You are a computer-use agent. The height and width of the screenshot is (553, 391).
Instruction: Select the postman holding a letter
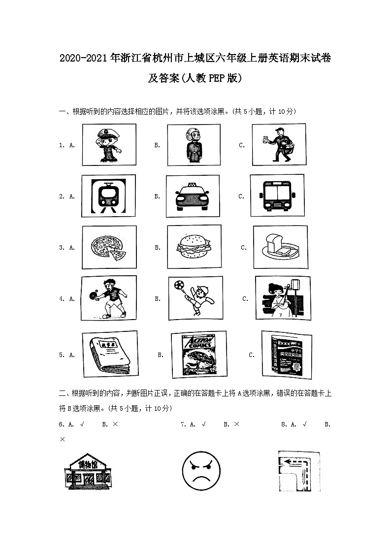pyautogui.click(x=279, y=144)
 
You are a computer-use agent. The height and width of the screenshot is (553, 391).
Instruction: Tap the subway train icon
pyautogui.click(x=107, y=196)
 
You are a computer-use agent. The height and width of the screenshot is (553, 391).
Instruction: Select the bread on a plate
pyautogui.click(x=279, y=247)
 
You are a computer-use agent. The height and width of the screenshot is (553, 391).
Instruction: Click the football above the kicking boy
pyautogui.click(x=177, y=285)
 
